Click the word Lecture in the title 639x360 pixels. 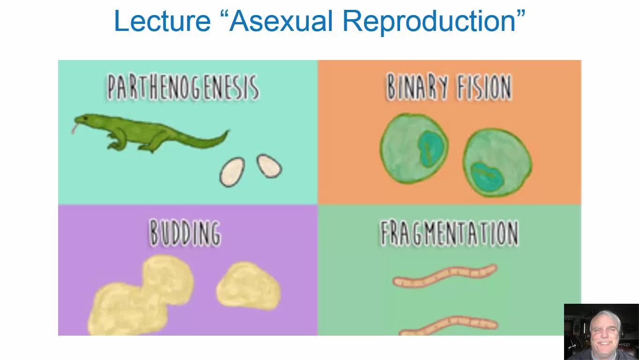point(162,21)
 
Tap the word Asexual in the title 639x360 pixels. point(281,21)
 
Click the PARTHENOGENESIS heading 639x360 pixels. point(183,87)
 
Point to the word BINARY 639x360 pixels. point(417,86)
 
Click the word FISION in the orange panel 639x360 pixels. point(484,87)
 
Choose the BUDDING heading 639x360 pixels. point(185,232)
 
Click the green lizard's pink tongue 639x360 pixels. point(75,128)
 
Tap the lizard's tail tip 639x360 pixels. point(228,131)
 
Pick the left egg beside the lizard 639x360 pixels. point(232,172)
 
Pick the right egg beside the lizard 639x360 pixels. point(269,166)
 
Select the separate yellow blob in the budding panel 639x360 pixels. point(248,285)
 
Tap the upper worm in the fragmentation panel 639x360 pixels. point(445,276)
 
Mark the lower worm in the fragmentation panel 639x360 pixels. point(449,325)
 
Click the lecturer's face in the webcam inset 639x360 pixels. point(605,333)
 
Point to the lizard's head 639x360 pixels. point(86,120)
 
